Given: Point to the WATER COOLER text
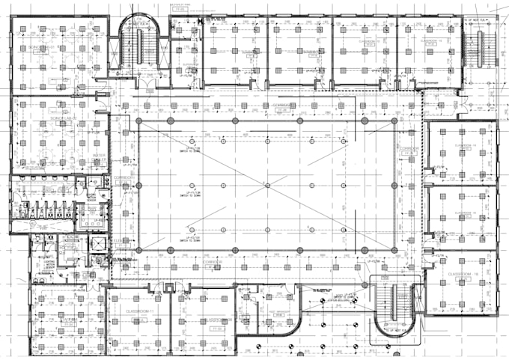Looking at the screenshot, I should pos(100,157).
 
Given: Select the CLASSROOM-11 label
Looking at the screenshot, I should pos(139,310).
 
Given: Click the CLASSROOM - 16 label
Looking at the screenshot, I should pos(463,275).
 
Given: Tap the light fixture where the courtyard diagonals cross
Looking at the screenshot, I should pos(267,184).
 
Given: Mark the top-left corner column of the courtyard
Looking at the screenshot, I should pos(137,120).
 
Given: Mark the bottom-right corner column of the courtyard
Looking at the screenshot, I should pos(397,248).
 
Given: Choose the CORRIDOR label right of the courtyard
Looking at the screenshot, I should pos(408,149).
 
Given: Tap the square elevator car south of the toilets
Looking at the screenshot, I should pos(97,248).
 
